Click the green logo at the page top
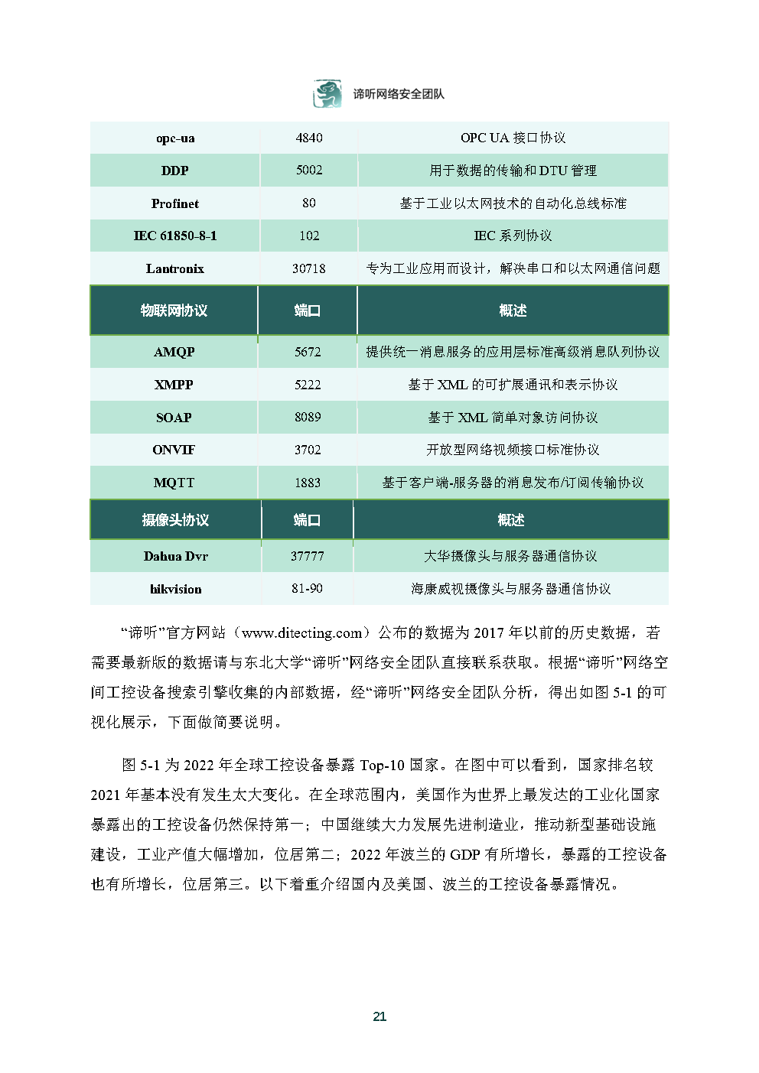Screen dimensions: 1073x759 (x=327, y=94)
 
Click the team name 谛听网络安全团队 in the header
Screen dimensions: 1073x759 (x=398, y=94)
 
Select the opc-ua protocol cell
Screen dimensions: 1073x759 (x=175, y=138)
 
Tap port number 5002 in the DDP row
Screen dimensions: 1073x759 (x=309, y=171)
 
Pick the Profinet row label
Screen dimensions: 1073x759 (x=175, y=203)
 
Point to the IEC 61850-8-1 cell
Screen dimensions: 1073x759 (x=175, y=236)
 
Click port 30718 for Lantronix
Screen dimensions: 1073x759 (x=309, y=268)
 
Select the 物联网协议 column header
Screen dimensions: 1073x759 (x=174, y=311)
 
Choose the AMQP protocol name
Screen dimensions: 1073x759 (x=174, y=352)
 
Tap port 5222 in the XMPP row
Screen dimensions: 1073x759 (x=308, y=385)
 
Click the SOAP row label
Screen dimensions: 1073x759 (x=174, y=418)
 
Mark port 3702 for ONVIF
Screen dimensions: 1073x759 (x=308, y=450)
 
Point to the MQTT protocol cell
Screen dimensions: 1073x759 (x=174, y=483)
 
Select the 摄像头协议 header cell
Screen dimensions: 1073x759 (x=175, y=520)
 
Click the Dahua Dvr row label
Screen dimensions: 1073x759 (x=175, y=556)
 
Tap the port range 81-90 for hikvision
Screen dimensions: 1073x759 (x=307, y=589)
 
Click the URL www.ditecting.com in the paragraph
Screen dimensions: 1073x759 (x=302, y=633)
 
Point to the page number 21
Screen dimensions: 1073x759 (x=379, y=1016)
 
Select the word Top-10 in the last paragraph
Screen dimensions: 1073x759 (x=383, y=765)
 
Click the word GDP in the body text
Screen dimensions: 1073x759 (x=465, y=854)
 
